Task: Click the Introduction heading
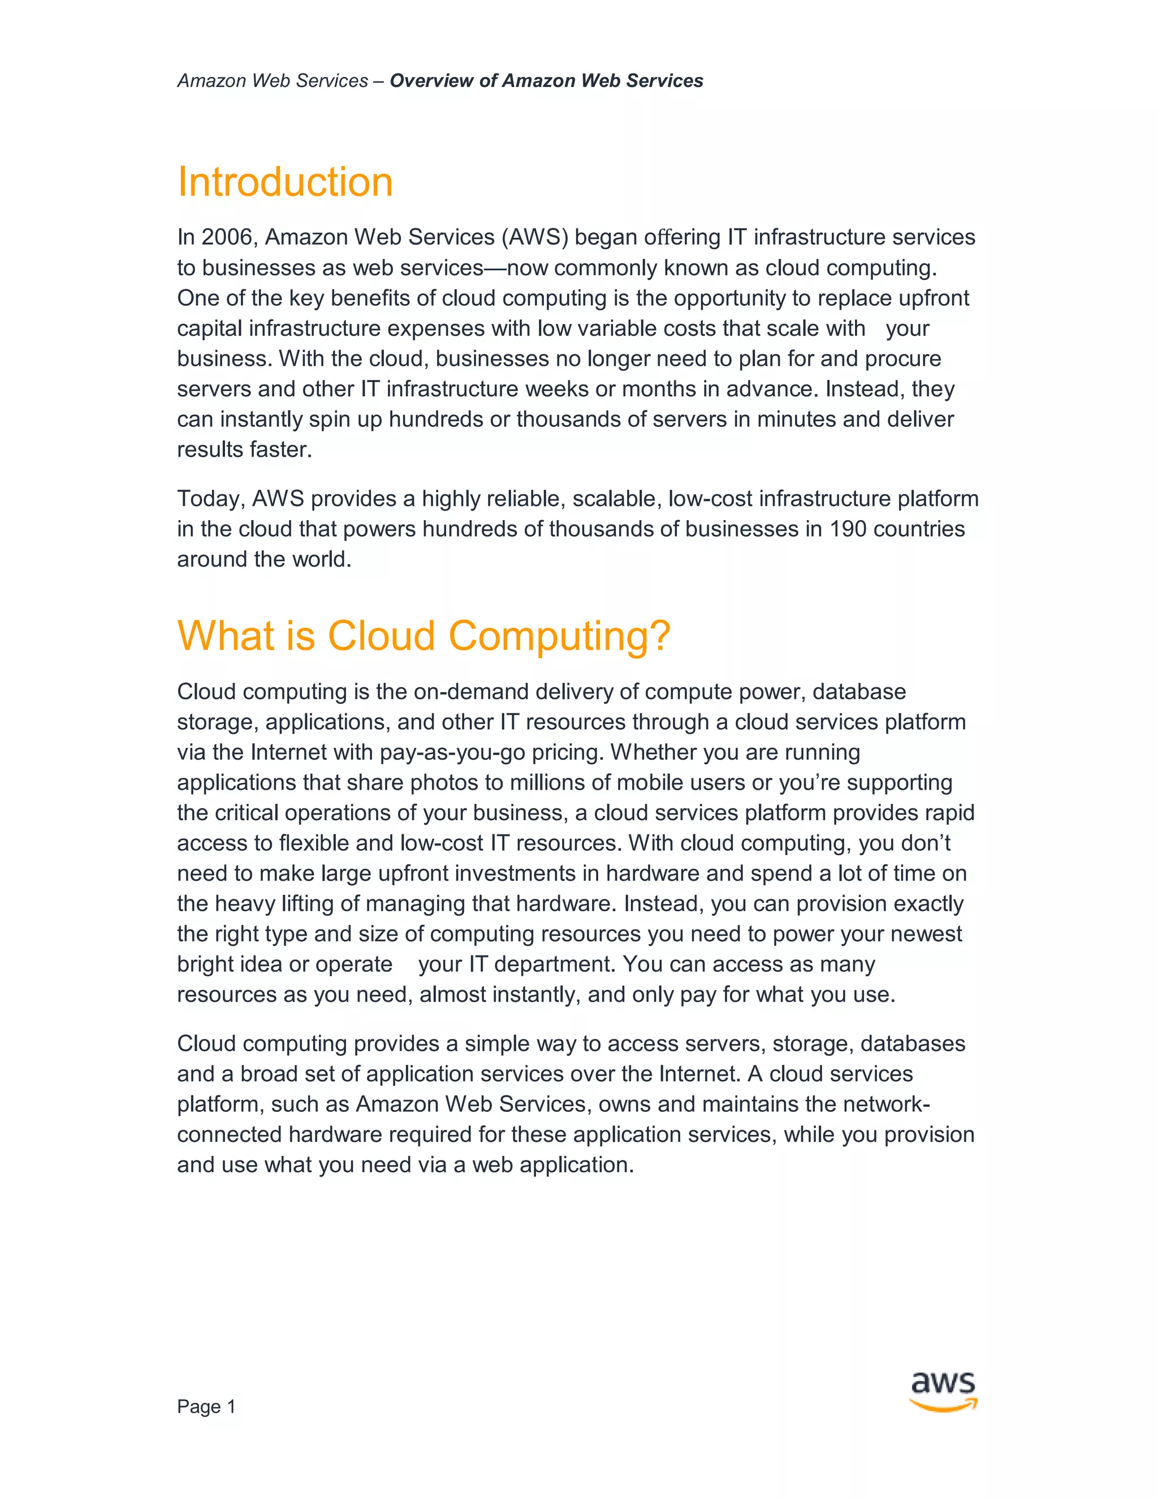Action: pos(285,183)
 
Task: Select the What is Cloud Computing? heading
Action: pos(424,636)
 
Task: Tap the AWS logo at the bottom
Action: pos(943,1392)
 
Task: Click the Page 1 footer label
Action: pos(206,1407)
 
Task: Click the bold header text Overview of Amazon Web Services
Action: pos(546,81)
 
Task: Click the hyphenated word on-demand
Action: pos(470,691)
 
